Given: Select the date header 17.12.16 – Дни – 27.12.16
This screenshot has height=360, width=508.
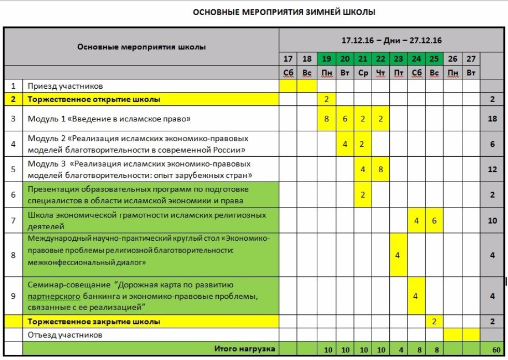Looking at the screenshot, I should coord(391,40).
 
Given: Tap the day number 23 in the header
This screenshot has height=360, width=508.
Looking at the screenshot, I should coord(398,59).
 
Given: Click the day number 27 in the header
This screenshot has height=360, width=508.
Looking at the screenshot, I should coord(470,59).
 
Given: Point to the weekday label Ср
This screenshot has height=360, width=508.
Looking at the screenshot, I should coord(363,73).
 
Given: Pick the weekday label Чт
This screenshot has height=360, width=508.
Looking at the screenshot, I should coord(380,73).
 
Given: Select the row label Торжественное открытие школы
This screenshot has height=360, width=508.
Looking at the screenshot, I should coord(94,99).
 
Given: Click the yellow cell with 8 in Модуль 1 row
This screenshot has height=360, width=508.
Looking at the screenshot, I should coord(327,119).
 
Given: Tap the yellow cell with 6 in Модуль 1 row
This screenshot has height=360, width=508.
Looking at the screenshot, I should coord(345,119).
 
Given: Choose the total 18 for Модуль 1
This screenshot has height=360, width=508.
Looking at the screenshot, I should coord(492,119).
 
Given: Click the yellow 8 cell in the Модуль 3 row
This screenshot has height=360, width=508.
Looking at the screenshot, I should coord(380,169).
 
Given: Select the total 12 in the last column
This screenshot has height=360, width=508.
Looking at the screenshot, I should coord(492,169).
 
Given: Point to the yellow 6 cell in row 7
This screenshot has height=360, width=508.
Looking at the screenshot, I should coord(434,220).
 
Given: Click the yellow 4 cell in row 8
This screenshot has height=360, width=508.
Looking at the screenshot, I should coord(398,255).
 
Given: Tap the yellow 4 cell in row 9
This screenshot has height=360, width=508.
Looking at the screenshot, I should coord(416,296).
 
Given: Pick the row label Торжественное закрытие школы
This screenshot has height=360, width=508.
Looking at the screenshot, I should coord(94,322).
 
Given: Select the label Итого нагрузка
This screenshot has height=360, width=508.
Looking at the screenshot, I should coord(245,349).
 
